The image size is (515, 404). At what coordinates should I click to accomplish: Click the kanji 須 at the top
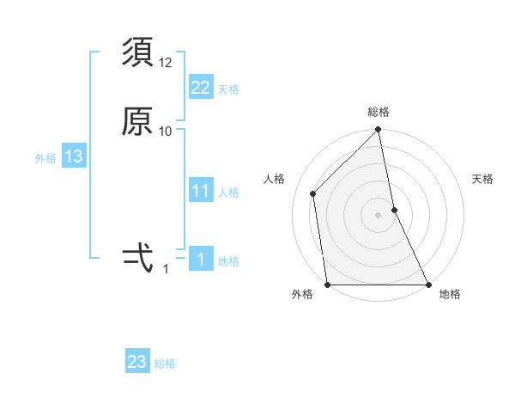pyautogui.click(x=137, y=53)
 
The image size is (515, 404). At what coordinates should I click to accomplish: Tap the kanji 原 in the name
pyautogui.click(x=137, y=121)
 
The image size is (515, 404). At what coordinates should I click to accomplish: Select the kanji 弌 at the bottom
pyautogui.click(x=137, y=257)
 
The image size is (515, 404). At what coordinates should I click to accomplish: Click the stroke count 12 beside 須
pyautogui.click(x=166, y=62)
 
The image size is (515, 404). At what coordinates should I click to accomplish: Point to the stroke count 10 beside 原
pyautogui.click(x=166, y=131)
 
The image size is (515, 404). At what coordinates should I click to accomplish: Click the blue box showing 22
pyautogui.click(x=201, y=87)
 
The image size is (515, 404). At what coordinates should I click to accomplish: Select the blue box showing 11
pyautogui.click(x=201, y=191)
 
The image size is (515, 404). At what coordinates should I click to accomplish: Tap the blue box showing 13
pyautogui.click(x=74, y=156)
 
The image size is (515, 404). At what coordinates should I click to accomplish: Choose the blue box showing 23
pyautogui.click(x=137, y=362)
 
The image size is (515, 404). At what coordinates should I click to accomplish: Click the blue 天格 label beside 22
pyautogui.click(x=228, y=89)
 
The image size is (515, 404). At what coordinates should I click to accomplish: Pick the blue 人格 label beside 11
pyautogui.click(x=228, y=193)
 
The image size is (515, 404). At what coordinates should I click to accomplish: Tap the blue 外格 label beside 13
pyautogui.click(x=45, y=158)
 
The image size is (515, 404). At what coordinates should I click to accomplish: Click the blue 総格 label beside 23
pyautogui.click(x=165, y=364)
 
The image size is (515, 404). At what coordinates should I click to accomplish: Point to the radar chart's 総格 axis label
pyautogui.click(x=379, y=112)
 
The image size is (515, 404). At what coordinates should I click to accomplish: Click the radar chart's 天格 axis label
pyautogui.click(x=482, y=179)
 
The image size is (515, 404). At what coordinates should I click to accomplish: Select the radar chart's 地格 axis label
pyautogui.click(x=450, y=295)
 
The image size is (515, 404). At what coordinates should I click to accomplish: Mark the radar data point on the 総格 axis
pyautogui.click(x=379, y=131)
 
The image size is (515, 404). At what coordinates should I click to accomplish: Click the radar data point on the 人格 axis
pyautogui.click(x=313, y=193)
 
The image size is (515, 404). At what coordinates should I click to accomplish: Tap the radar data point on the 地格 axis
pyautogui.click(x=428, y=285)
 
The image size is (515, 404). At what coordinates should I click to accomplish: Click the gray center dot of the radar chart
pyautogui.click(x=379, y=214)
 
